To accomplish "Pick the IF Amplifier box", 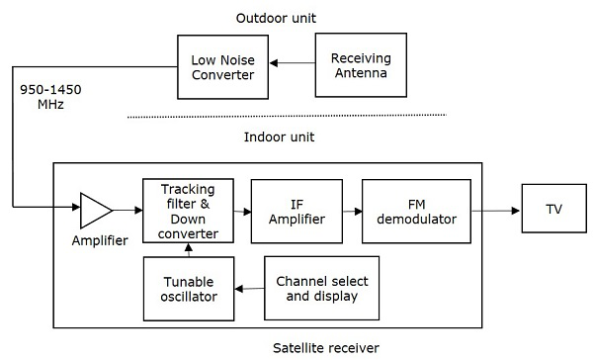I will click(296, 210).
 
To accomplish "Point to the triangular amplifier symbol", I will click(96, 210).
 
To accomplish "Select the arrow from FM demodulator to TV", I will click(493, 210).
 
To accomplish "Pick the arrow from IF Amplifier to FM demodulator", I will click(352, 210).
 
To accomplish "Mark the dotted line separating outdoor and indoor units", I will click(287, 116).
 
